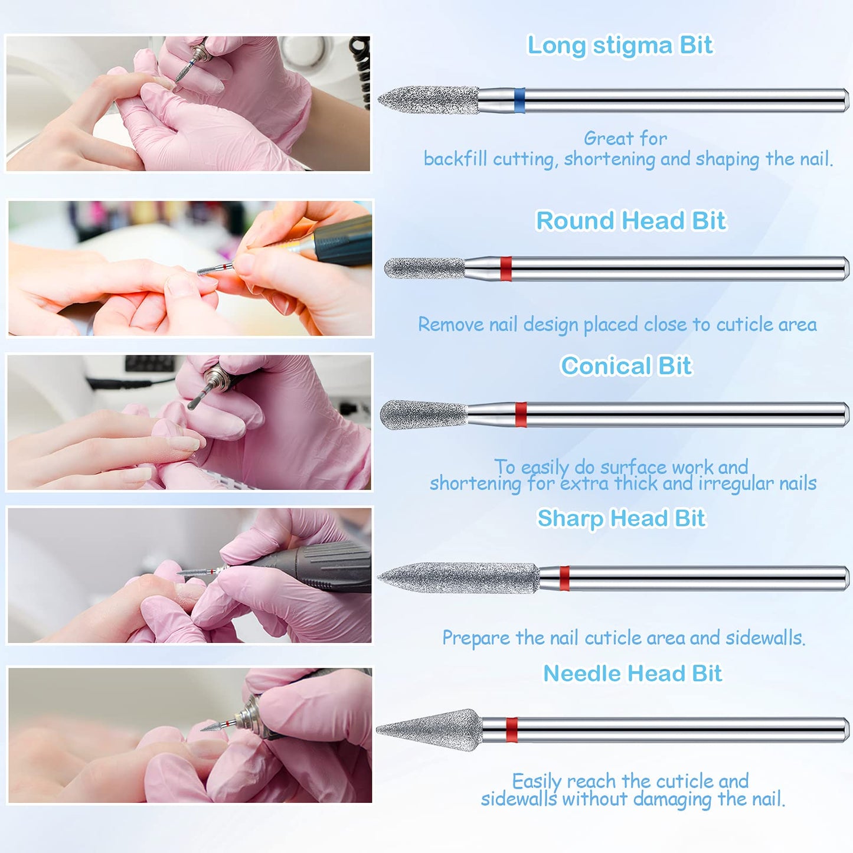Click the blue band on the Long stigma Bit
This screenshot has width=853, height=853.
point(519,100)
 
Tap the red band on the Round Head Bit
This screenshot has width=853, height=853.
point(505,269)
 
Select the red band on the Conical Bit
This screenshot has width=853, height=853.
point(521,415)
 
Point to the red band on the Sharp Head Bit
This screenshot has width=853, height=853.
point(564,578)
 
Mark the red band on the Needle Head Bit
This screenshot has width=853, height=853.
point(512,730)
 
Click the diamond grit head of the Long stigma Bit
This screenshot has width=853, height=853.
point(429,100)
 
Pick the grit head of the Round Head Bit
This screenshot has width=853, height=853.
point(424,268)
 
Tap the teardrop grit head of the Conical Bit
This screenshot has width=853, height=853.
point(424,415)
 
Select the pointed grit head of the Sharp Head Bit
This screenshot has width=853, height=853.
point(459,578)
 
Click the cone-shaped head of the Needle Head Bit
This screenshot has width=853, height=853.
point(429,730)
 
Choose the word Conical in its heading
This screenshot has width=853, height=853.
point(606,365)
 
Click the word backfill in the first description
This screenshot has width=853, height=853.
point(456,158)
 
